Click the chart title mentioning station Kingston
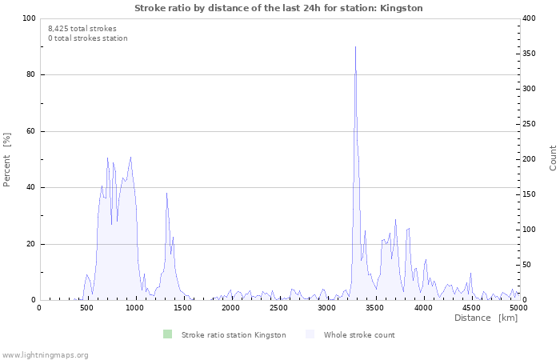pyautogui.click(x=278, y=8)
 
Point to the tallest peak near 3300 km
pyautogui.click(x=355, y=47)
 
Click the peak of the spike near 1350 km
pyautogui.click(x=166, y=193)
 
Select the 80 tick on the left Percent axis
pyautogui.click(x=30, y=75)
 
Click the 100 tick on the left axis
pyautogui.click(x=28, y=18)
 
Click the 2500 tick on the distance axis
pyautogui.click(x=278, y=308)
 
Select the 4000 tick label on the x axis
pyautogui.click(x=422, y=308)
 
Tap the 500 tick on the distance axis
pyautogui.click(x=86, y=308)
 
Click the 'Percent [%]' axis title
pyautogui.click(x=7, y=159)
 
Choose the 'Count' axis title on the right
pyautogui.click(x=553, y=158)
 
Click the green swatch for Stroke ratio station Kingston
pyautogui.click(x=167, y=334)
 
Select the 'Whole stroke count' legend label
pyautogui.click(x=359, y=335)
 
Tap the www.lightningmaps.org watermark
pyautogui.click(x=45, y=354)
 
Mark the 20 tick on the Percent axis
pyautogui.click(x=30, y=244)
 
